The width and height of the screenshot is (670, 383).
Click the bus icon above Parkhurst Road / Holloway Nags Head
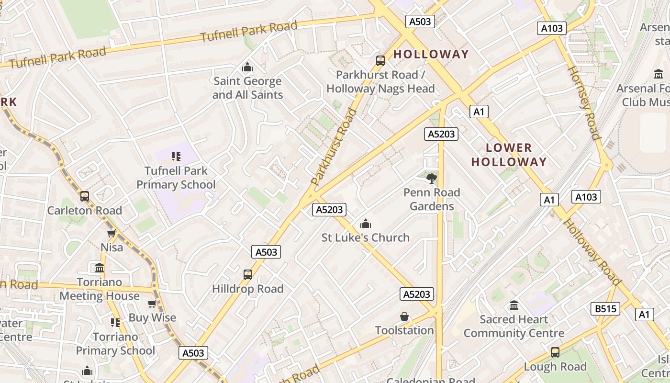380,61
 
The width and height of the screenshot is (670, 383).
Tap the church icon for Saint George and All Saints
247,68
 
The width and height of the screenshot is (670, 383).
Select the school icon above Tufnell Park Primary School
176,157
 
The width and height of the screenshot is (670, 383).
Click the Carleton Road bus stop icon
85,196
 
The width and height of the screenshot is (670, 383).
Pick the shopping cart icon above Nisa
112,233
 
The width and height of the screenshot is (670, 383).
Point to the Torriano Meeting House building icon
100,268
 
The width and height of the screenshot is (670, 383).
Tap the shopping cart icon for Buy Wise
152,304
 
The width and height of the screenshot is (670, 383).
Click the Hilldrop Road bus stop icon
247,275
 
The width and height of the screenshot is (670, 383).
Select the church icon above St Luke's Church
366,224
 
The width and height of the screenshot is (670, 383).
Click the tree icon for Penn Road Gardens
432,179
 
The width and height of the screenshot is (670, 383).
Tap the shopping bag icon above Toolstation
404,316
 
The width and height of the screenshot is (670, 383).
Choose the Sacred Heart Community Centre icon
514,305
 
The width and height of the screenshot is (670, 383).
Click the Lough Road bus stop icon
555,352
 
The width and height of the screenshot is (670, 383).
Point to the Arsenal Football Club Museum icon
659,74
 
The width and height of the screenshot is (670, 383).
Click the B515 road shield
605,309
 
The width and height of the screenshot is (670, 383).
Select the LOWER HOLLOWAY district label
509,155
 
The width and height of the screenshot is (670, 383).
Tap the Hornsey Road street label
583,102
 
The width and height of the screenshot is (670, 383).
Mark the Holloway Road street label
592,252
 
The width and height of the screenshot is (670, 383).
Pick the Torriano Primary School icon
115,323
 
